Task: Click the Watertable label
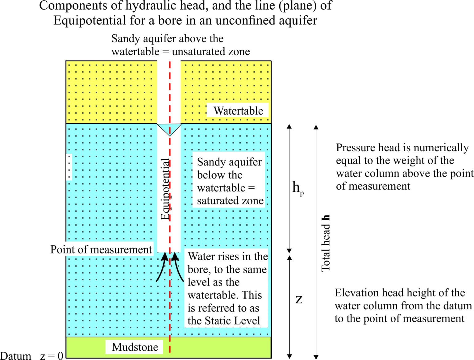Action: [x=238, y=111]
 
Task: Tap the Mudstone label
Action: [x=135, y=347]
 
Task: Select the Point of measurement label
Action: [x=101, y=250]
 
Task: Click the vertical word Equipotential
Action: [x=166, y=189]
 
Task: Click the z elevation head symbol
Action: [x=299, y=299]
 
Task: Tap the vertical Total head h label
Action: [x=326, y=243]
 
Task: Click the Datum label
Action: [x=15, y=356]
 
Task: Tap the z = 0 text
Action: [x=52, y=356]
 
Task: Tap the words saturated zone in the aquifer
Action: [x=230, y=201]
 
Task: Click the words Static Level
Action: [x=232, y=321]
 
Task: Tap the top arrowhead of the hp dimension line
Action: [x=289, y=127]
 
